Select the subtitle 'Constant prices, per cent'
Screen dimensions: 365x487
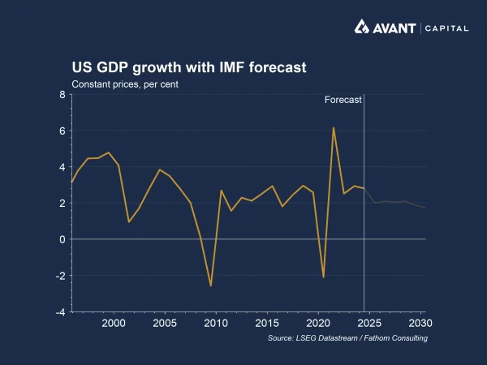[x=125, y=84]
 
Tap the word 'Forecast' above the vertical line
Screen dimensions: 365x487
[x=343, y=100]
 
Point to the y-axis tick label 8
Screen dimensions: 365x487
[x=62, y=95]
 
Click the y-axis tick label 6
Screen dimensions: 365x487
[x=62, y=131]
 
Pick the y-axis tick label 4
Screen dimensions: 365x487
[x=62, y=167]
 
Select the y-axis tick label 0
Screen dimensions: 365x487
[x=62, y=239]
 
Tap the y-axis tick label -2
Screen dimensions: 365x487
[x=59, y=276]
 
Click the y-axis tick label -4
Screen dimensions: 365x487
[x=59, y=311]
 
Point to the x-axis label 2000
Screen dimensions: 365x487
[x=114, y=323]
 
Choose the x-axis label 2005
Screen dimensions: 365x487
[x=165, y=323]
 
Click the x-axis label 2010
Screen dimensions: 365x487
[x=215, y=323]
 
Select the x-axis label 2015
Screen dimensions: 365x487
[x=266, y=323]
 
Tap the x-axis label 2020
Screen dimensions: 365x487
[x=317, y=323]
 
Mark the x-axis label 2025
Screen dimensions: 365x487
[x=368, y=323]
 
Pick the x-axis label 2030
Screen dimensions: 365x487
[x=419, y=323]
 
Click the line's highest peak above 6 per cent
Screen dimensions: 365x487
[x=333, y=128]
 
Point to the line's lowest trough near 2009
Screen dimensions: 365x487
[x=211, y=286]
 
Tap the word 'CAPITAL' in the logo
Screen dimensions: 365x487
[x=446, y=28]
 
